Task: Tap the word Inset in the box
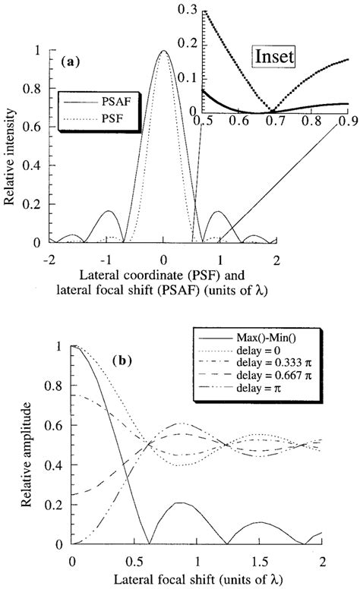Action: (278, 55)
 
